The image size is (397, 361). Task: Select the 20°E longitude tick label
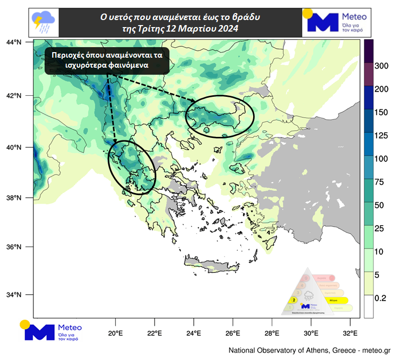point(116,333)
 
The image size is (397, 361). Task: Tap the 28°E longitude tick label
point(272,333)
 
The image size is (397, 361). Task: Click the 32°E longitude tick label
point(350,333)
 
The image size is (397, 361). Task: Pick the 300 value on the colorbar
point(382,66)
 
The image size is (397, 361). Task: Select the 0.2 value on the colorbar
point(380,298)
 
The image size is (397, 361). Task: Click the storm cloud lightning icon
point(44,21)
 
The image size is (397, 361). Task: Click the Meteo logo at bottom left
point(51,331)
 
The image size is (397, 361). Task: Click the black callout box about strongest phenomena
point(107,60)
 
